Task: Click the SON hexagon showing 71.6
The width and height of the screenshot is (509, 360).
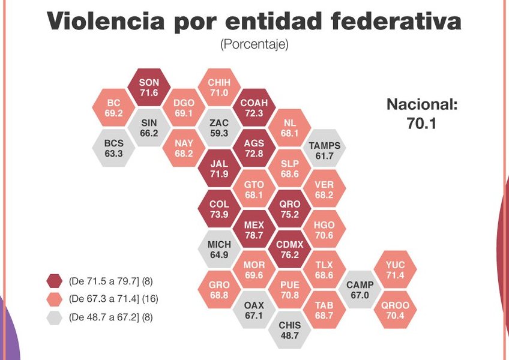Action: click(148, 88)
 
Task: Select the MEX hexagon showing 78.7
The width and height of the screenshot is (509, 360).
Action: click(254, 230)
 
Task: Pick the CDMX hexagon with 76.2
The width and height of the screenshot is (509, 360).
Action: click(289, 250)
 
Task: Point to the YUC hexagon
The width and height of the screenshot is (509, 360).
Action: click(396, 269)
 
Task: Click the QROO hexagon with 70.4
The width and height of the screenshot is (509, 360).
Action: click(396, 310)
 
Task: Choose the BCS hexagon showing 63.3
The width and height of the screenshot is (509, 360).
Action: click(113, 148)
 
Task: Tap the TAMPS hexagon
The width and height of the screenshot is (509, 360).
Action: click(324, 150)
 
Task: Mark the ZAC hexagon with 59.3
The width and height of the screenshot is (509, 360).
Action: click(218, 128)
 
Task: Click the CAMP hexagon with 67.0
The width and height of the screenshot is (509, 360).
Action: click(360, 290)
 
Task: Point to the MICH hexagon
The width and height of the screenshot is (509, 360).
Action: click(219, 250)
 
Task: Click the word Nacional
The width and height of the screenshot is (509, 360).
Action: click(422, 106)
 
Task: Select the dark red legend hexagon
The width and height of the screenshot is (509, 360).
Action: click(55, 281)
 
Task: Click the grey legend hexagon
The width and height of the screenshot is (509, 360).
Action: click(55, 317)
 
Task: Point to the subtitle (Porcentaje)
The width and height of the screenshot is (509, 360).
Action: click(254, 44)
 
